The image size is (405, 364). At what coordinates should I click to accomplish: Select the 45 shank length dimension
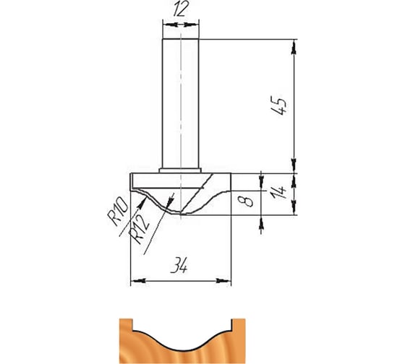tap(278, 105)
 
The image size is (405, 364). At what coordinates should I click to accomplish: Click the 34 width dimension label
tap(179, 265)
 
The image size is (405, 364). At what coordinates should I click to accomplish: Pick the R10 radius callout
tap(118, 211)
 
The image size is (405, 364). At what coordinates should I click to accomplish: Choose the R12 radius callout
tap(139, 230)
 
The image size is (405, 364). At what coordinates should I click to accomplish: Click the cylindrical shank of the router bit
tap(180, 103)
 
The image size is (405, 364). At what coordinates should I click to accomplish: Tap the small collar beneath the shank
tap(180, 170)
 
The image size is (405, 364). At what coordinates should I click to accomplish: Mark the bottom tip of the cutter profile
tap(181, 214)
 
